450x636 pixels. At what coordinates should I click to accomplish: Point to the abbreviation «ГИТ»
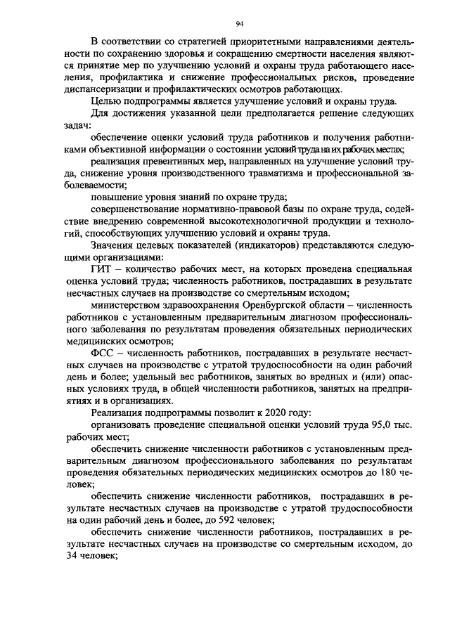(x=105, y=270)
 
